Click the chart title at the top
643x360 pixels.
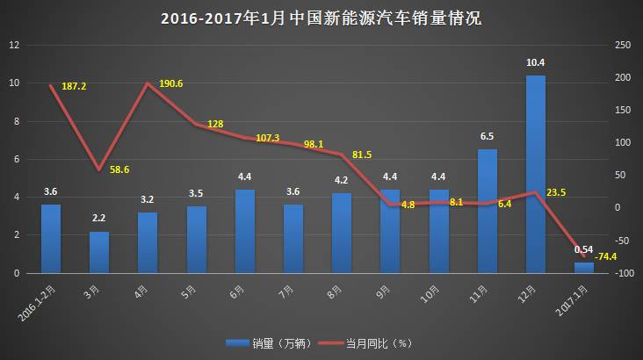coord(321,18)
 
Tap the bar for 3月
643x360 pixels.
coord(99,252)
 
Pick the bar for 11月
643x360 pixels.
coord(488,211)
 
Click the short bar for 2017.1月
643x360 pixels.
coord(584,268)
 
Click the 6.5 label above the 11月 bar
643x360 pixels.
coord(488,137)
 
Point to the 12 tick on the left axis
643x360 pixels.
coord(14,45)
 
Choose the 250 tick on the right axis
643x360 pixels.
coord(624,45)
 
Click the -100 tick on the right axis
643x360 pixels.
coord(624,274)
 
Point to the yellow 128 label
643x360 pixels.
coord(215,125)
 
